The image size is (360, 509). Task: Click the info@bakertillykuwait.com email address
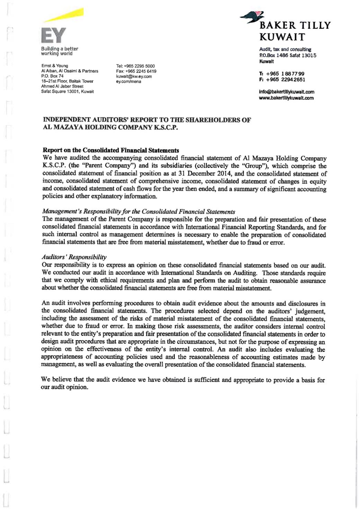coord(287,92)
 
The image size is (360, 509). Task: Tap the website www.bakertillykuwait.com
coord(286,98)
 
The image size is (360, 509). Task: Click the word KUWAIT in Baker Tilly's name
coord(282,37)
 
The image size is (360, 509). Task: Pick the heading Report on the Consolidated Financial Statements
coord(111,150)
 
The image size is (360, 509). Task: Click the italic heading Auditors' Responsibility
coord(74,257)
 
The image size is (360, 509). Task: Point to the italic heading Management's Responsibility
coord(138,211)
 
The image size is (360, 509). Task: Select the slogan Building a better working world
coord(60,51)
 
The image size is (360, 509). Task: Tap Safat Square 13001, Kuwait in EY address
coord(67,91)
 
